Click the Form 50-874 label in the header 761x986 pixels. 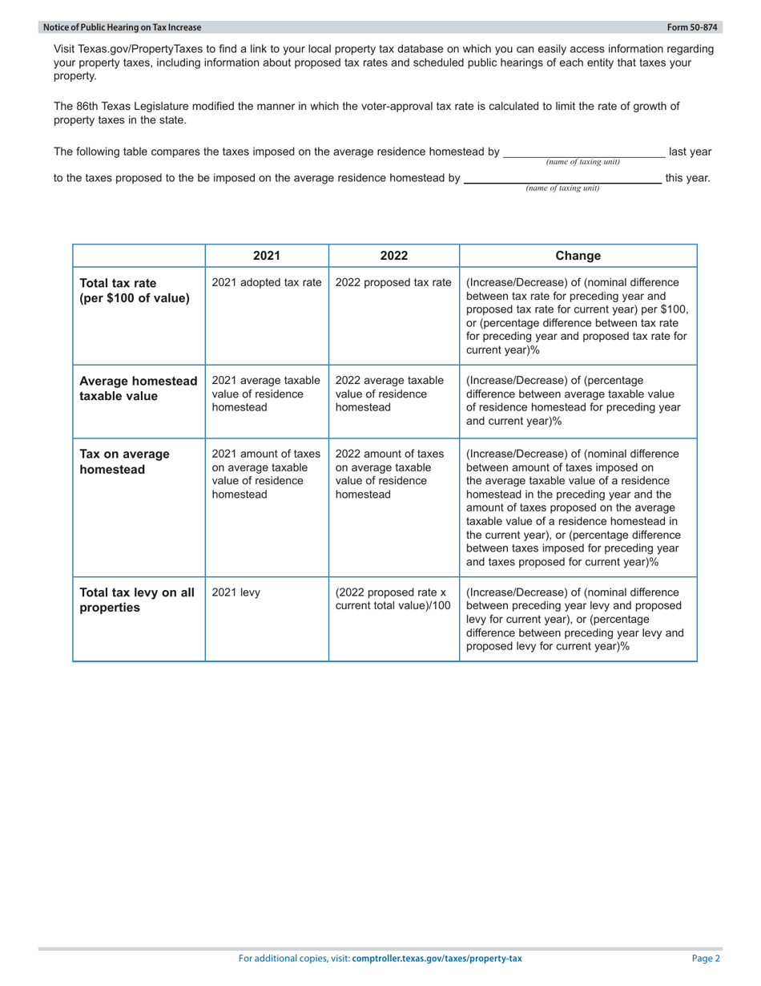coord(695,27)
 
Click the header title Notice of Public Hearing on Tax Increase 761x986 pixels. coord(123,27)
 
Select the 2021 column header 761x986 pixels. coord(266,256)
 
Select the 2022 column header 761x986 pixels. coord(393,256)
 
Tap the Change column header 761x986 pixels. coord(578,256)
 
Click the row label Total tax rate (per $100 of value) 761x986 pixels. coord(135,290)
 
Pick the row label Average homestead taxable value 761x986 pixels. coord(138,388)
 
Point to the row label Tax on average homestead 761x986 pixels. coord(124,462)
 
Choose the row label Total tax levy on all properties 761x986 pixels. coord(137,600)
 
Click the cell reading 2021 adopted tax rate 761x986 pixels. coord(266,282)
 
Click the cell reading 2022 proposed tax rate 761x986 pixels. coord(393,282)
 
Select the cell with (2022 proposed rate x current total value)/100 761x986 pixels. coord(393,600)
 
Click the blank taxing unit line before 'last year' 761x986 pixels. coord(583,152)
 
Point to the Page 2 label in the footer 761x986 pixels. coord(707,958)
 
